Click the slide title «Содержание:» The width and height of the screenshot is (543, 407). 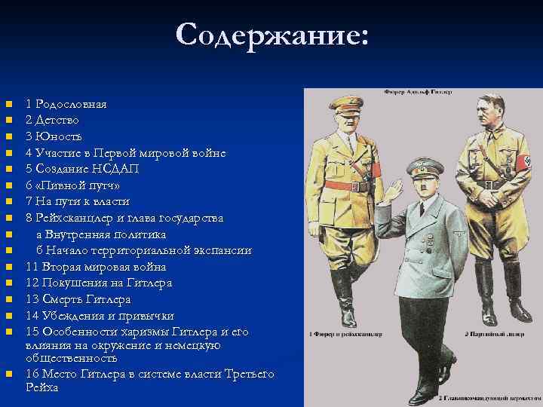point(271,35)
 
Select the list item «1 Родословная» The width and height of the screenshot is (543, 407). point(66,104)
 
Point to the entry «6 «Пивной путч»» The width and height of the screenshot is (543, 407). point(72,185)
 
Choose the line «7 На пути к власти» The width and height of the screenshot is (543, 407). point(78,201)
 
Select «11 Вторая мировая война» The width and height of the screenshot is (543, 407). point(96,267)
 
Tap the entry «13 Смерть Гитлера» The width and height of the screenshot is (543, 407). point(78,299)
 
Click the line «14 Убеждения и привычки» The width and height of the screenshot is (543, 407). point(100,315)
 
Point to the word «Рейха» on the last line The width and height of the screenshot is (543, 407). point(41,387)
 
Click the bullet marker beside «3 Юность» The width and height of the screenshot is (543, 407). point(8,136)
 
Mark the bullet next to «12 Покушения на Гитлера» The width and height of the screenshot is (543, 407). point(8,283)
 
